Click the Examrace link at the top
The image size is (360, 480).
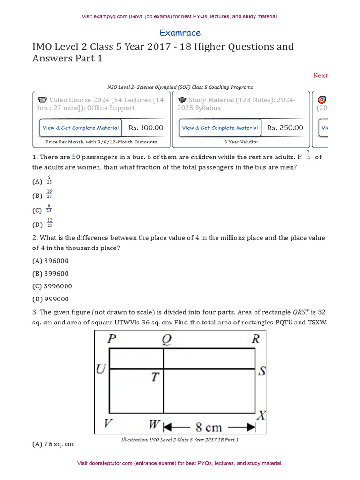coord(180,33)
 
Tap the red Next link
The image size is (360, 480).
coord(320,75)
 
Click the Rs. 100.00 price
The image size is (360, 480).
coord(146,127)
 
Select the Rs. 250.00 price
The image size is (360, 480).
coord(285,127)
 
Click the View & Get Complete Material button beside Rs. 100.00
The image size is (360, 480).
coord(81,128)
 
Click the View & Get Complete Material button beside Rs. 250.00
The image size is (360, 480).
coord(220,128)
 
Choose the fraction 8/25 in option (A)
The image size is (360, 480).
coord(49,180)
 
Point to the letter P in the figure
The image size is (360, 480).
coord(112,339)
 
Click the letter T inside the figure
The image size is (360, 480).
coord(155,377)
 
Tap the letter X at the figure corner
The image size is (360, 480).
coord(262,415)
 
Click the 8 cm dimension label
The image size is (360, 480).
coord(209,427)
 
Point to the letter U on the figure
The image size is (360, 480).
coord(101,370)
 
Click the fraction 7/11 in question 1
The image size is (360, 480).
coord(308,156)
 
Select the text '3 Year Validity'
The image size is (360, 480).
coord(241,142)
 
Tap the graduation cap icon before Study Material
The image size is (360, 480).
coord(182,100)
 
